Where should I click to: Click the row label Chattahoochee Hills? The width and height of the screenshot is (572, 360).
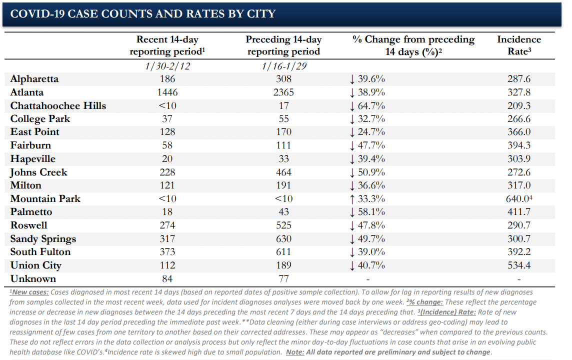[x=58, y=106]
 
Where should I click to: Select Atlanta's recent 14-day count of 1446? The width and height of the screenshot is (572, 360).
[x=167, y=92]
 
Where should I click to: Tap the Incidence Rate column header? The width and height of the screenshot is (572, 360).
[x=518, y=45]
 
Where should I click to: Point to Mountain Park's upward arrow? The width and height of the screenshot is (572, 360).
[x=352, y=199]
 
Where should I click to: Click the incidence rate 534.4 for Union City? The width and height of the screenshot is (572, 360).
[x=518, y=265]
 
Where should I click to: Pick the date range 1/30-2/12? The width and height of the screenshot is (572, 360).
[x=167, y=66]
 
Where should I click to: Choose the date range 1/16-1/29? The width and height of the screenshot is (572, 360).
[x=284, y=66]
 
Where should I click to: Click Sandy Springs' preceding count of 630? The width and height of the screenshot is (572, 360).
[x=284, y=239]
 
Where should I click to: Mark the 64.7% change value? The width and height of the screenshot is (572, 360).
[x=371, y=106]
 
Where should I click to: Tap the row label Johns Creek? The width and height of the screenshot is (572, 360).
[x=38, y=172]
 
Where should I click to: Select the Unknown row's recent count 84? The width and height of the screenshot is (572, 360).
[x=167, y=278]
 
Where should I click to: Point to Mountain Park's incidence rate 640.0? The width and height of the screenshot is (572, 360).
[x=518, y=199]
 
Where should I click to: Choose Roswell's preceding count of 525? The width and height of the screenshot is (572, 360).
[x=284, y=225]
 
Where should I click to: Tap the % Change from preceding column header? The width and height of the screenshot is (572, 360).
[x=413, y=39]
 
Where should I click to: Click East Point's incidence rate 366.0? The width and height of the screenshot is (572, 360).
[x=518, y=131]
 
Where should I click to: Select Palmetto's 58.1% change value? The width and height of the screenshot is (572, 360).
[x=371, y=212]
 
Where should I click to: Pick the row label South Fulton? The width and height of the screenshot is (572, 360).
[x=40, y=252]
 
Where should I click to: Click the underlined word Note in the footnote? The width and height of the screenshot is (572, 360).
[x=295, y=352]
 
